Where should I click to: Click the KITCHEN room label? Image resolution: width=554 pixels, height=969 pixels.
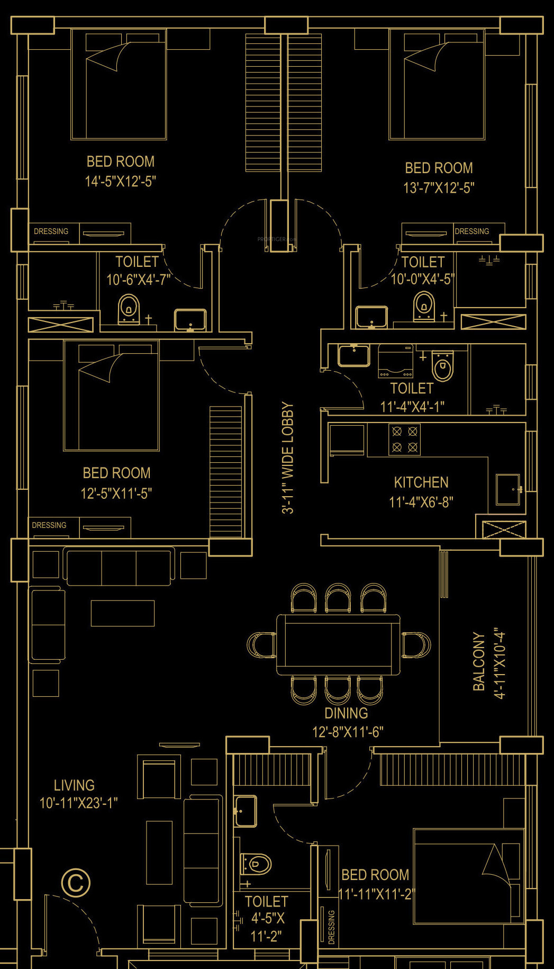(421, 482)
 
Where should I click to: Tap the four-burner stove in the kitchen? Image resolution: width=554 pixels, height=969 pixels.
(405, 439)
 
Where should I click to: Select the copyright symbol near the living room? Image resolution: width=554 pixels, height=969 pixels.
(76, 882)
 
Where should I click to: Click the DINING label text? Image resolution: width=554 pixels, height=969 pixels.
(346, 713)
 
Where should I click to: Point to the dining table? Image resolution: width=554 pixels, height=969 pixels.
(338, 644)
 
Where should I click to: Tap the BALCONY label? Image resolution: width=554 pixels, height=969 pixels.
(479, 661)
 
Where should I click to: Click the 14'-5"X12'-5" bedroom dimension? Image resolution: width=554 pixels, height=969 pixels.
(121, 182)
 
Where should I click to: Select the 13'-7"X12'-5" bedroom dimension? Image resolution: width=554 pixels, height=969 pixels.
(439, 188)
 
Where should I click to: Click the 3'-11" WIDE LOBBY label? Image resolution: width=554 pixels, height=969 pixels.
(287, 458)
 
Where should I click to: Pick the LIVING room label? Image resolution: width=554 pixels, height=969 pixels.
(74, 785)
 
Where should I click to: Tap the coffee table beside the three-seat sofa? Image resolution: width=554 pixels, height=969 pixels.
(123, 613)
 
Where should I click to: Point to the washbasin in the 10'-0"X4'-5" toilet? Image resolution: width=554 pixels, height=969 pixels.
(371, 317)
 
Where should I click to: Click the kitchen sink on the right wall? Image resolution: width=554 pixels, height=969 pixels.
(508, 490)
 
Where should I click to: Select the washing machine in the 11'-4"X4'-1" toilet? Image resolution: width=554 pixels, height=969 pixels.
(395, 361)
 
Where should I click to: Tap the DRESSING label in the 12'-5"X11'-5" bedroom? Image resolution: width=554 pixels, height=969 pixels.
(49, 525)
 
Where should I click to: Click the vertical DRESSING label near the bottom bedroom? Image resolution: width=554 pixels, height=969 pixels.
(331, 927)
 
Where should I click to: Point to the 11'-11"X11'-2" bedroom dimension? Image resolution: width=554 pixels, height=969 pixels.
(377, 894)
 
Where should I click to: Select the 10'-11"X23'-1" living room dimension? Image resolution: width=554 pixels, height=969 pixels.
(79, 803)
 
